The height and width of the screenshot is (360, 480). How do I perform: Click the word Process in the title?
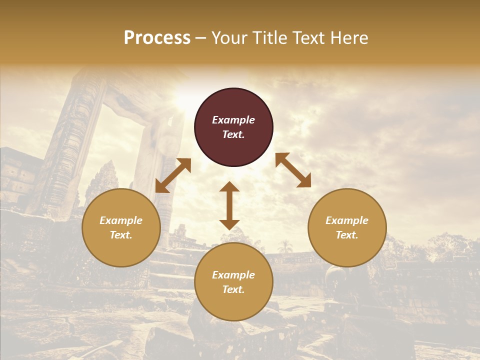[157, 38]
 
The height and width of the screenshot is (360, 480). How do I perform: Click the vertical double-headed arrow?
[229, 205]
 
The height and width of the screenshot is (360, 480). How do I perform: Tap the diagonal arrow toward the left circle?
[173, 175]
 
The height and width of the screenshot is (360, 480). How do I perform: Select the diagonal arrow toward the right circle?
[293, 170]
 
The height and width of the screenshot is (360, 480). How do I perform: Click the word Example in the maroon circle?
[233, 120]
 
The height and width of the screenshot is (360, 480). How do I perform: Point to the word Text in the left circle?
[121, 235]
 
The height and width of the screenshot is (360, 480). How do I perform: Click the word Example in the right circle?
[347, 220]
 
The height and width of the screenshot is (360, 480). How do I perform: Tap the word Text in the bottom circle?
[233, 289]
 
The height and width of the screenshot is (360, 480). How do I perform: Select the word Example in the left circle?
[121, 220]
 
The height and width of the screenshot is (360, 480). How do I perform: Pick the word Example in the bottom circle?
[233, 275]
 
